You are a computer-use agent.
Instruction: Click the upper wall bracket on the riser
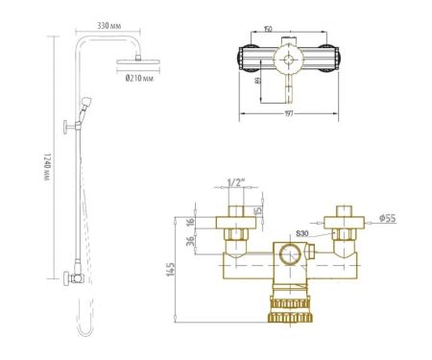[x=68, y=125]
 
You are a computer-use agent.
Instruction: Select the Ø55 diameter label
[x=388, y=219]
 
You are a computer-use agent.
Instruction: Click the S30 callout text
[x=304, y=233]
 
